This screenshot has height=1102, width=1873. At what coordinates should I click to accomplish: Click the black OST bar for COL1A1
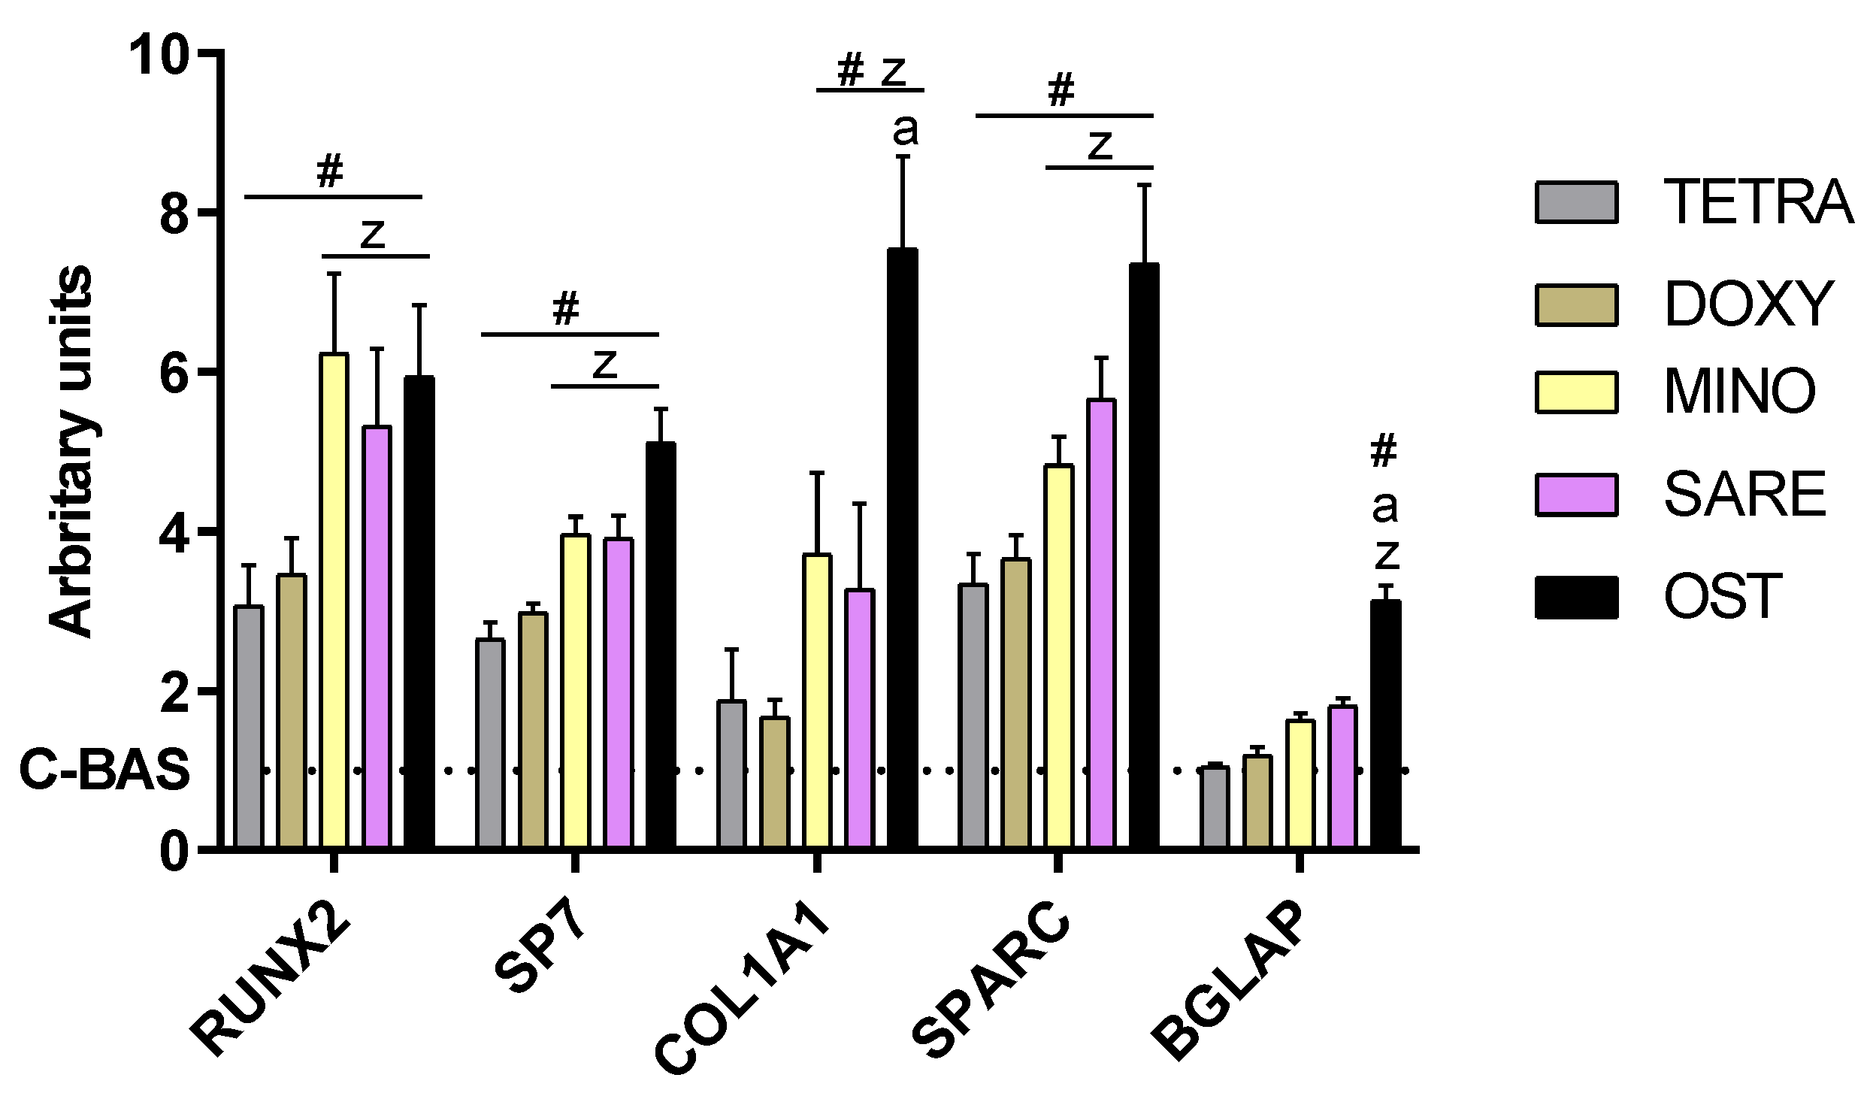point(902,549)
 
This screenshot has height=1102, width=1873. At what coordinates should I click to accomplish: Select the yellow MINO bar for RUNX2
point(334,601)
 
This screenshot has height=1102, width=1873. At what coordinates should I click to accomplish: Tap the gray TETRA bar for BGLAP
point(1215,807)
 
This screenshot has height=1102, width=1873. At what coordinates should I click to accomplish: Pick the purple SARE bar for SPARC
point(1101,624)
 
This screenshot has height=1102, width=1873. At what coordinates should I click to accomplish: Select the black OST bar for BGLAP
point(1385,725)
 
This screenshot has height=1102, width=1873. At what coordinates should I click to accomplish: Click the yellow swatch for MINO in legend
point(1575,392)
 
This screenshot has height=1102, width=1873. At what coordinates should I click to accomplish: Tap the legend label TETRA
point(1757,203)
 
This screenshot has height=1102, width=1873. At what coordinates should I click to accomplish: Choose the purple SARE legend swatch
point(1575,495)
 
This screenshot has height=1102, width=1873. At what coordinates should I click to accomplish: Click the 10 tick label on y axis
point(158,54)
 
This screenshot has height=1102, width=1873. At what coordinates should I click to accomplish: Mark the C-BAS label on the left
point(104,770)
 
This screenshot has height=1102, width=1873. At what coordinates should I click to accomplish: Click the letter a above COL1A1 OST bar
point(905,131)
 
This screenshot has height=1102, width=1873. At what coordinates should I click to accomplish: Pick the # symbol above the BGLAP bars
point(1384,450)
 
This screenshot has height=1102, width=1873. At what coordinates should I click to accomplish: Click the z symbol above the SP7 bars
point(604,364)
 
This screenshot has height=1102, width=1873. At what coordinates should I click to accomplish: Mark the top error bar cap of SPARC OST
point(1144,185)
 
